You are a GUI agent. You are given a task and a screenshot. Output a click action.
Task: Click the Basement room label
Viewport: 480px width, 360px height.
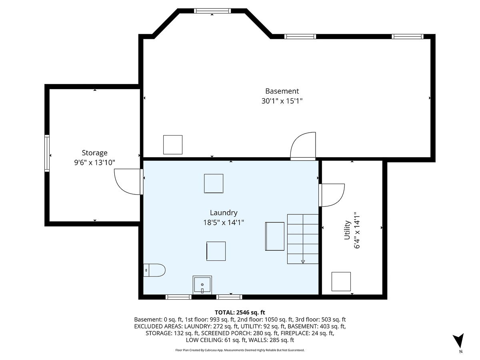(282, 91)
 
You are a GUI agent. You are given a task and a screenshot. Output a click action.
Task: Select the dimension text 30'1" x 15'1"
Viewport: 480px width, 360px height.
(282, 101)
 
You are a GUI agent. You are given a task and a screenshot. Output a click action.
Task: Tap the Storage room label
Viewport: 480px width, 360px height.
(95, 152)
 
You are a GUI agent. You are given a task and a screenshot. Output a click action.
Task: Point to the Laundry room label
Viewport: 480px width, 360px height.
(224, 213)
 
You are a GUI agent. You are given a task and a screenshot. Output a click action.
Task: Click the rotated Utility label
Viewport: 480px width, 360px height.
(347, 230)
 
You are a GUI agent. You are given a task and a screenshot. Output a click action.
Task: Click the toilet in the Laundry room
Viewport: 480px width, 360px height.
(154, 270)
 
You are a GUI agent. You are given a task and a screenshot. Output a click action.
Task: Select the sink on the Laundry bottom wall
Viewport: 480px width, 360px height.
(202, 285)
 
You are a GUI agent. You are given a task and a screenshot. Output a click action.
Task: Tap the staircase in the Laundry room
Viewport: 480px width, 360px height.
(303, 239)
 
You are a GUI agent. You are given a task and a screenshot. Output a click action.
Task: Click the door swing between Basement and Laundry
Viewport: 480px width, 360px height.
(303, 146)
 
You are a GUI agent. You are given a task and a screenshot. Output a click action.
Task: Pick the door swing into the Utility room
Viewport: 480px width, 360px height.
(332, 195)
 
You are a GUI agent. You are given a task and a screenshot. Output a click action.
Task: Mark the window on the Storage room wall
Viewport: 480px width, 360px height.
(47, 154)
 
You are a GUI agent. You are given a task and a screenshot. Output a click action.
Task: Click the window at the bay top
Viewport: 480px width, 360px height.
(212, 11)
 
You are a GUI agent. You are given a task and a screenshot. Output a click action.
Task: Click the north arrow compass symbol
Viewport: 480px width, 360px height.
(460, 341)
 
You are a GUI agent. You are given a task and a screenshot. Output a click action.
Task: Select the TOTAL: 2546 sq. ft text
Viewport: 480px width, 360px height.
(240, 312)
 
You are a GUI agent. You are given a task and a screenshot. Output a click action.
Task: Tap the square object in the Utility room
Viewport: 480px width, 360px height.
(341, 282)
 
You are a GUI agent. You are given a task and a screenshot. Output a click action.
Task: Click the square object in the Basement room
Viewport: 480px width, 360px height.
(173, 145)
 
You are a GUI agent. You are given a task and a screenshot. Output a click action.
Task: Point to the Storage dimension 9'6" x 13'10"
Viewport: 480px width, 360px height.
(95, 162)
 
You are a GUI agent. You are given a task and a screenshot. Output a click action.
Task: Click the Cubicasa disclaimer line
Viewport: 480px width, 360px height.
(240, 350)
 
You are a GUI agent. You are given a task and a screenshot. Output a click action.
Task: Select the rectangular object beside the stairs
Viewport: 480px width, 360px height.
(275, 236)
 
